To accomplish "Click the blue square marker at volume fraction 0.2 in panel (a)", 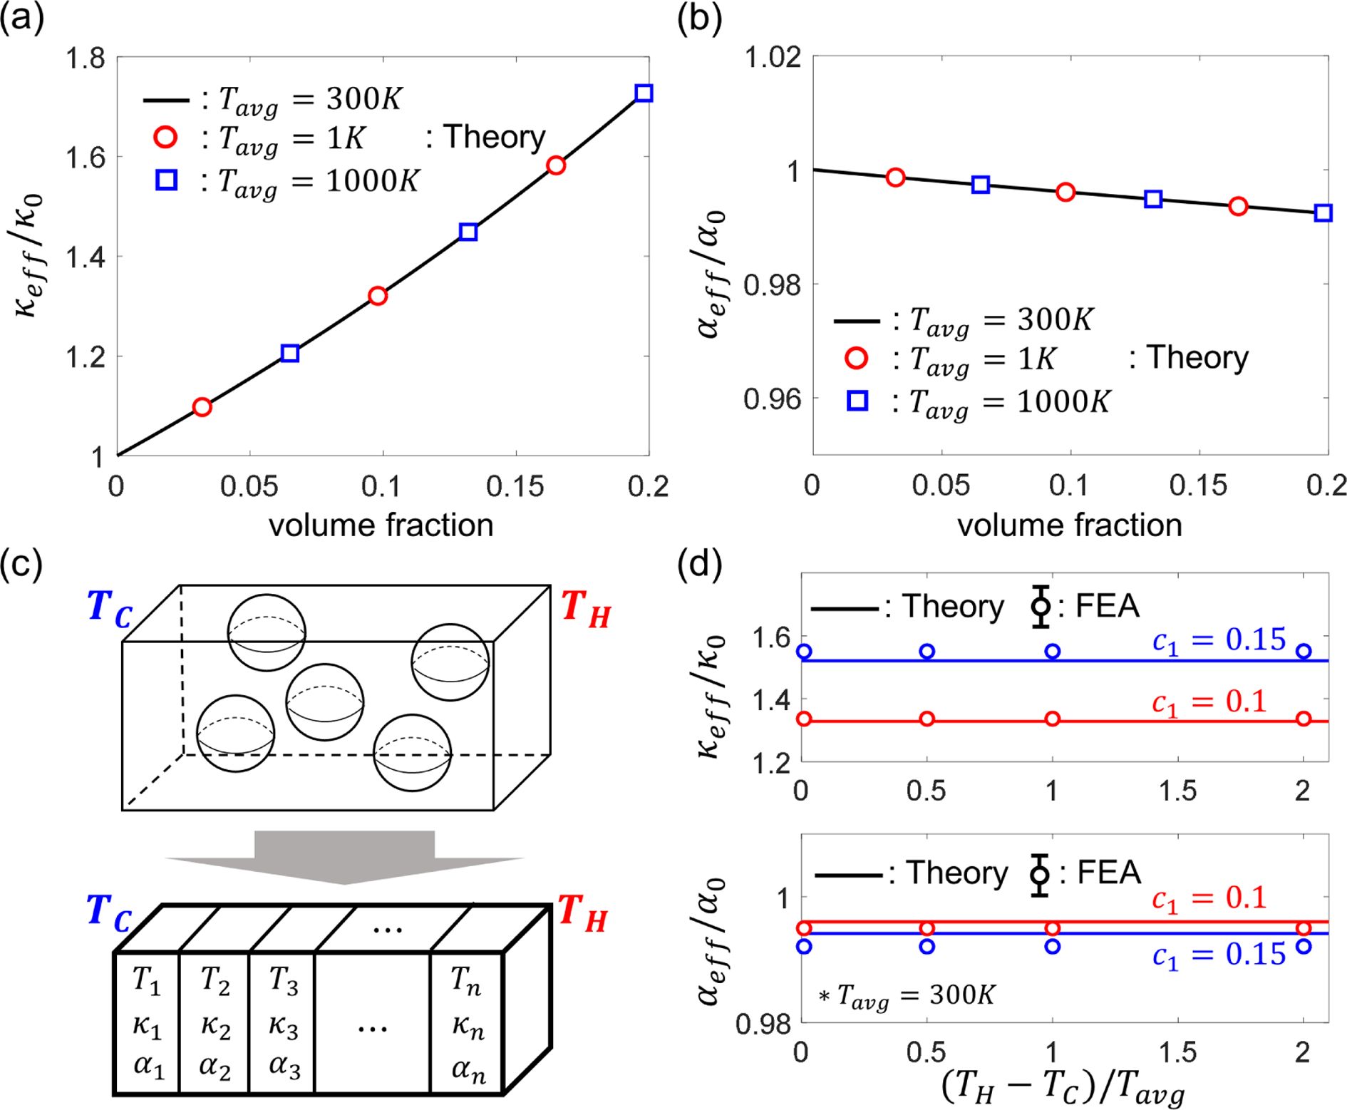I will [x=644, y=93].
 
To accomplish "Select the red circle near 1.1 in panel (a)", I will [x=202, y=407].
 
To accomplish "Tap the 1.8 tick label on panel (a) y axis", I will [x=85, y=58].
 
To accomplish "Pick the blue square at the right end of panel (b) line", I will [x=1323, y=212].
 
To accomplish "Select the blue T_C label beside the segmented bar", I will [x=109, y=913].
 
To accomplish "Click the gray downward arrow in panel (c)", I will [x=345, y=856].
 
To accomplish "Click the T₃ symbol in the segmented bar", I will [x=284, y=981].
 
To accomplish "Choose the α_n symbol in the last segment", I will [x=468, y=1069].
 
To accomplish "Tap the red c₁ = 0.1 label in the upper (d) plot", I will [x=1209, y=703].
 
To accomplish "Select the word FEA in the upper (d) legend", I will [x=1107, y=607].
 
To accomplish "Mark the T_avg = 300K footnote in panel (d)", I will [x=907, y=995].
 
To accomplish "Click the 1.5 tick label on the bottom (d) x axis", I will [x=1177, y=1052].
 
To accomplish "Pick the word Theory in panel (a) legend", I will [x=494, y=137].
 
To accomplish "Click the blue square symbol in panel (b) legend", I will [x=857, y=401].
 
